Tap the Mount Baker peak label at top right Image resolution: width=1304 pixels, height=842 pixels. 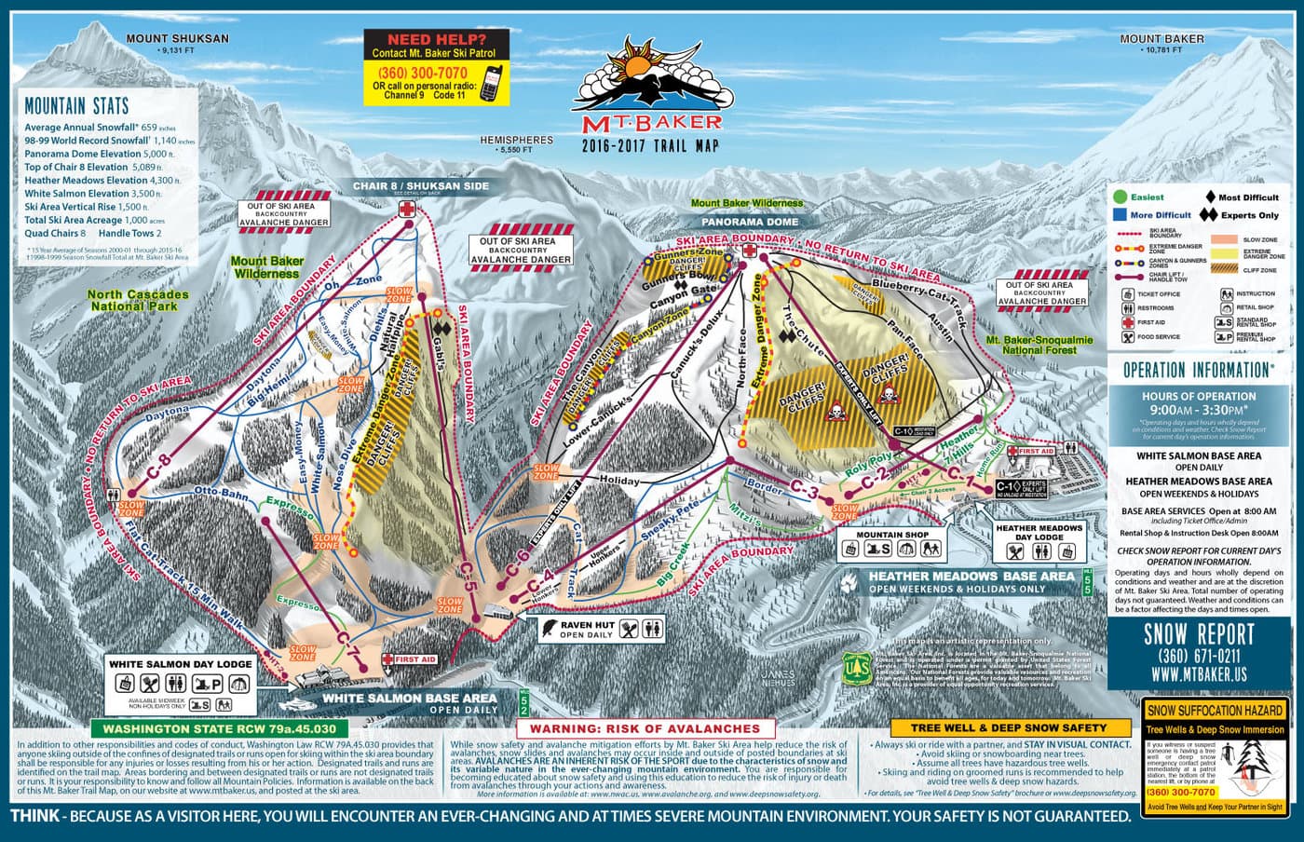[1161, 39]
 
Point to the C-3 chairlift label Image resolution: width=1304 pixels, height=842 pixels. [805, 489]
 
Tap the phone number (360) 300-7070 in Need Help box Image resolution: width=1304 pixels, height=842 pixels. [420, 73]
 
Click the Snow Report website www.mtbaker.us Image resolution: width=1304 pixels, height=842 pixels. [1191, 674]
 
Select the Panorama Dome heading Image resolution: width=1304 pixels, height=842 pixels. [750, 223]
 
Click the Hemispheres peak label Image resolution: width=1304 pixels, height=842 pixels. [516, 141]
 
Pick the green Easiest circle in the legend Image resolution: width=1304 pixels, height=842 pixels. [1121, 197]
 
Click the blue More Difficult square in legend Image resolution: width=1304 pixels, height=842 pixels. [1121, 215]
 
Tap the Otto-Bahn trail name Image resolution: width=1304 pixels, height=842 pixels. [219, 492]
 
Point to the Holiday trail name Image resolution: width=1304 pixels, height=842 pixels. [619, 481]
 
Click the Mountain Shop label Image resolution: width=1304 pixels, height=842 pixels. [892, 535]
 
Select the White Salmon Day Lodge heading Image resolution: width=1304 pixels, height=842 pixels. [180, 664]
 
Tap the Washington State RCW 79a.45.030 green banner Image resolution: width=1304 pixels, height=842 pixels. [219, 728]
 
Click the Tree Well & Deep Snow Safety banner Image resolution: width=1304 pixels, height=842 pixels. [1008, 727]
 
